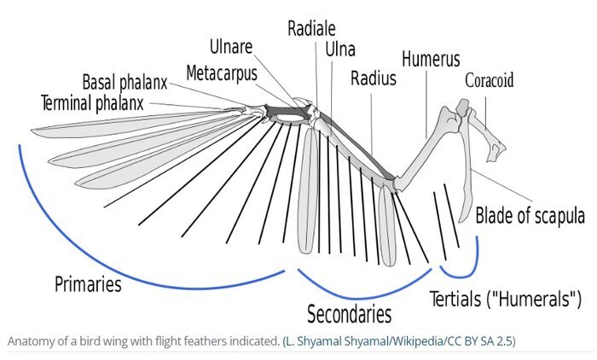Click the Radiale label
pos(311,29)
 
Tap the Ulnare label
pos(231,47)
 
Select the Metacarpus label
pos(222,73)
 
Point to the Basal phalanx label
pos(125,82)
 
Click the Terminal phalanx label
pos(92,103)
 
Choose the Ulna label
pos(340,49)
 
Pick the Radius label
pos(374,78)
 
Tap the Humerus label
pos(431,59)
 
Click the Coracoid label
pos(490,80)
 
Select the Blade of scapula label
pos(530,216)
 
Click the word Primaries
pos(88,284)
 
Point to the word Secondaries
pos(349,314)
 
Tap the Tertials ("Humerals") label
pos(506,299)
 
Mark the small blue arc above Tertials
pos(461,275)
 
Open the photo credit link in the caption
pos(399,341)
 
